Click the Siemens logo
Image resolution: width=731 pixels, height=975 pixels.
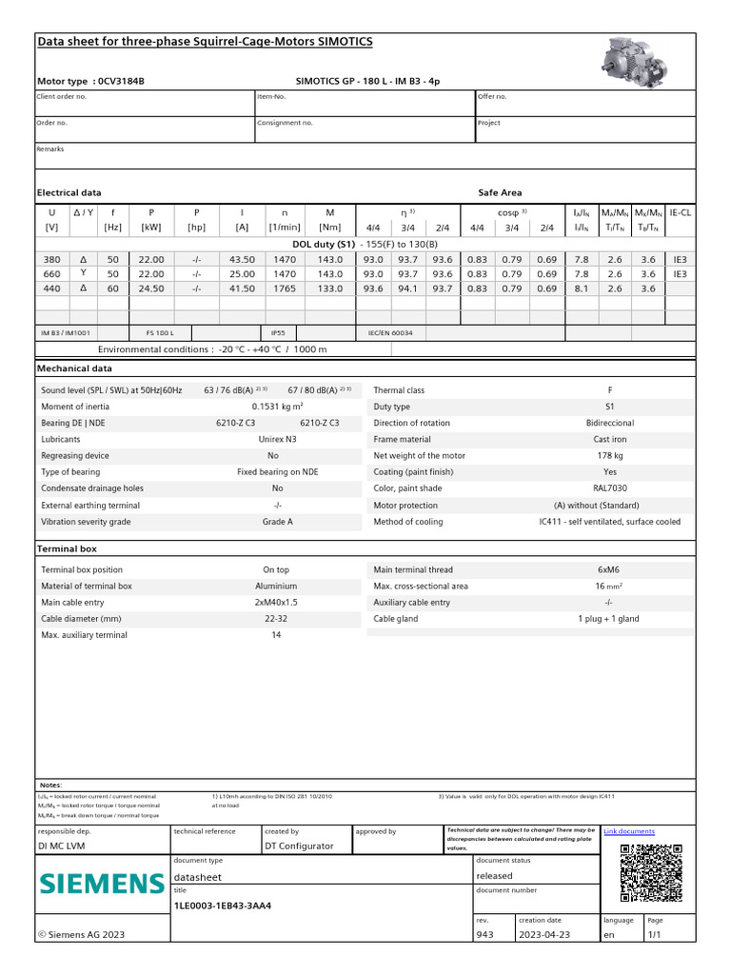[102, 884]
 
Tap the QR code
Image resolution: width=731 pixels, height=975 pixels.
[651, 872]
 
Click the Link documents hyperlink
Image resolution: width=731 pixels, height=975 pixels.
[629, 831]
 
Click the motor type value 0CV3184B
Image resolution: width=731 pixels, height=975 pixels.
[122, 82]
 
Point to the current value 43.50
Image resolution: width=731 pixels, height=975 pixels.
[242, 259]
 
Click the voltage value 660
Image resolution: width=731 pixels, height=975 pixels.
[51, 273]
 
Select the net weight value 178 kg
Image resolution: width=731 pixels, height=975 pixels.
[610, 456]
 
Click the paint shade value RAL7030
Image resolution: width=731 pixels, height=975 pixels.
[610, 488]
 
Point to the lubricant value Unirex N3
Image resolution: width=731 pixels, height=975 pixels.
[277, 440]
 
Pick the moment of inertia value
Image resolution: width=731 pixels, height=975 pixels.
[277, 407]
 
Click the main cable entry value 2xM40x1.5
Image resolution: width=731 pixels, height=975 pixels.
[277, 603]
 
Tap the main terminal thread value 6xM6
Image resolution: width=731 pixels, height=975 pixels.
[610, 569]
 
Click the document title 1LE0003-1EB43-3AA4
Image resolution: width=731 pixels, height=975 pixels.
[222, 905]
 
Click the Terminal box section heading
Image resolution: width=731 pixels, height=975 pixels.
[67, 549]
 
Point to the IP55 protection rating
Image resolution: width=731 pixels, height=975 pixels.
[277, 333]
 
